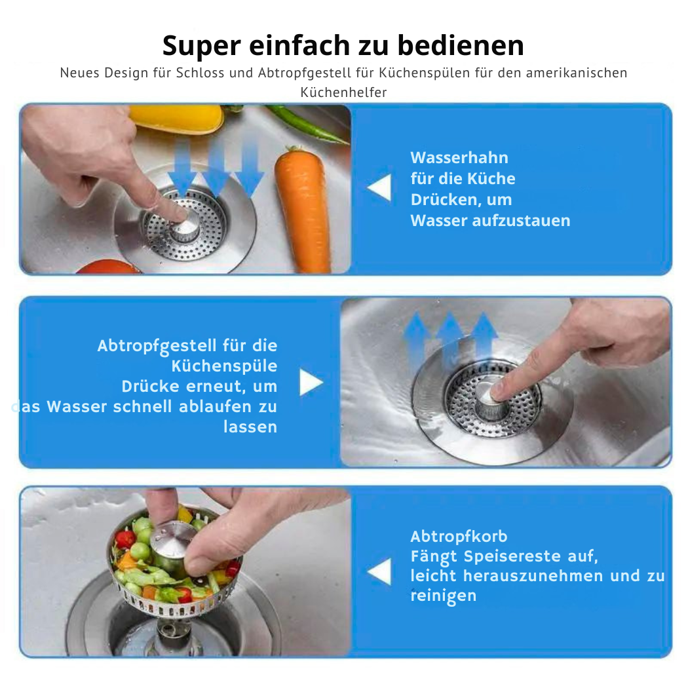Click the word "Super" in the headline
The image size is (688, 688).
201,47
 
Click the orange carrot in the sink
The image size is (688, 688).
303,208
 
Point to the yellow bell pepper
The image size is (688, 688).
176,117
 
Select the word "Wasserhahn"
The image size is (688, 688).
459,157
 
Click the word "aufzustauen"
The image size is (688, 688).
522,220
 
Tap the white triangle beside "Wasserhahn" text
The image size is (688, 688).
379,187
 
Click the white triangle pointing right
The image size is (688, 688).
311,382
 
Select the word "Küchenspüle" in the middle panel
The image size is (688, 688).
224,366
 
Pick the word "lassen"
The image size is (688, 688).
250,427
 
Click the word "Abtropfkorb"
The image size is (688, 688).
459,537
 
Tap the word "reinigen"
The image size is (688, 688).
443,596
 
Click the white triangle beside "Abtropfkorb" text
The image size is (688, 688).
379,572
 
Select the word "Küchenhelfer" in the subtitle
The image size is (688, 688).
343,92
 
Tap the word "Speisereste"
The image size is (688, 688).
512,556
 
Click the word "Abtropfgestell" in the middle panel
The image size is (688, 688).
157,346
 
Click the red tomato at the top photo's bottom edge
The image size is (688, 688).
107,267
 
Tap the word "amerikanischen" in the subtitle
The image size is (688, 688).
577,73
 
